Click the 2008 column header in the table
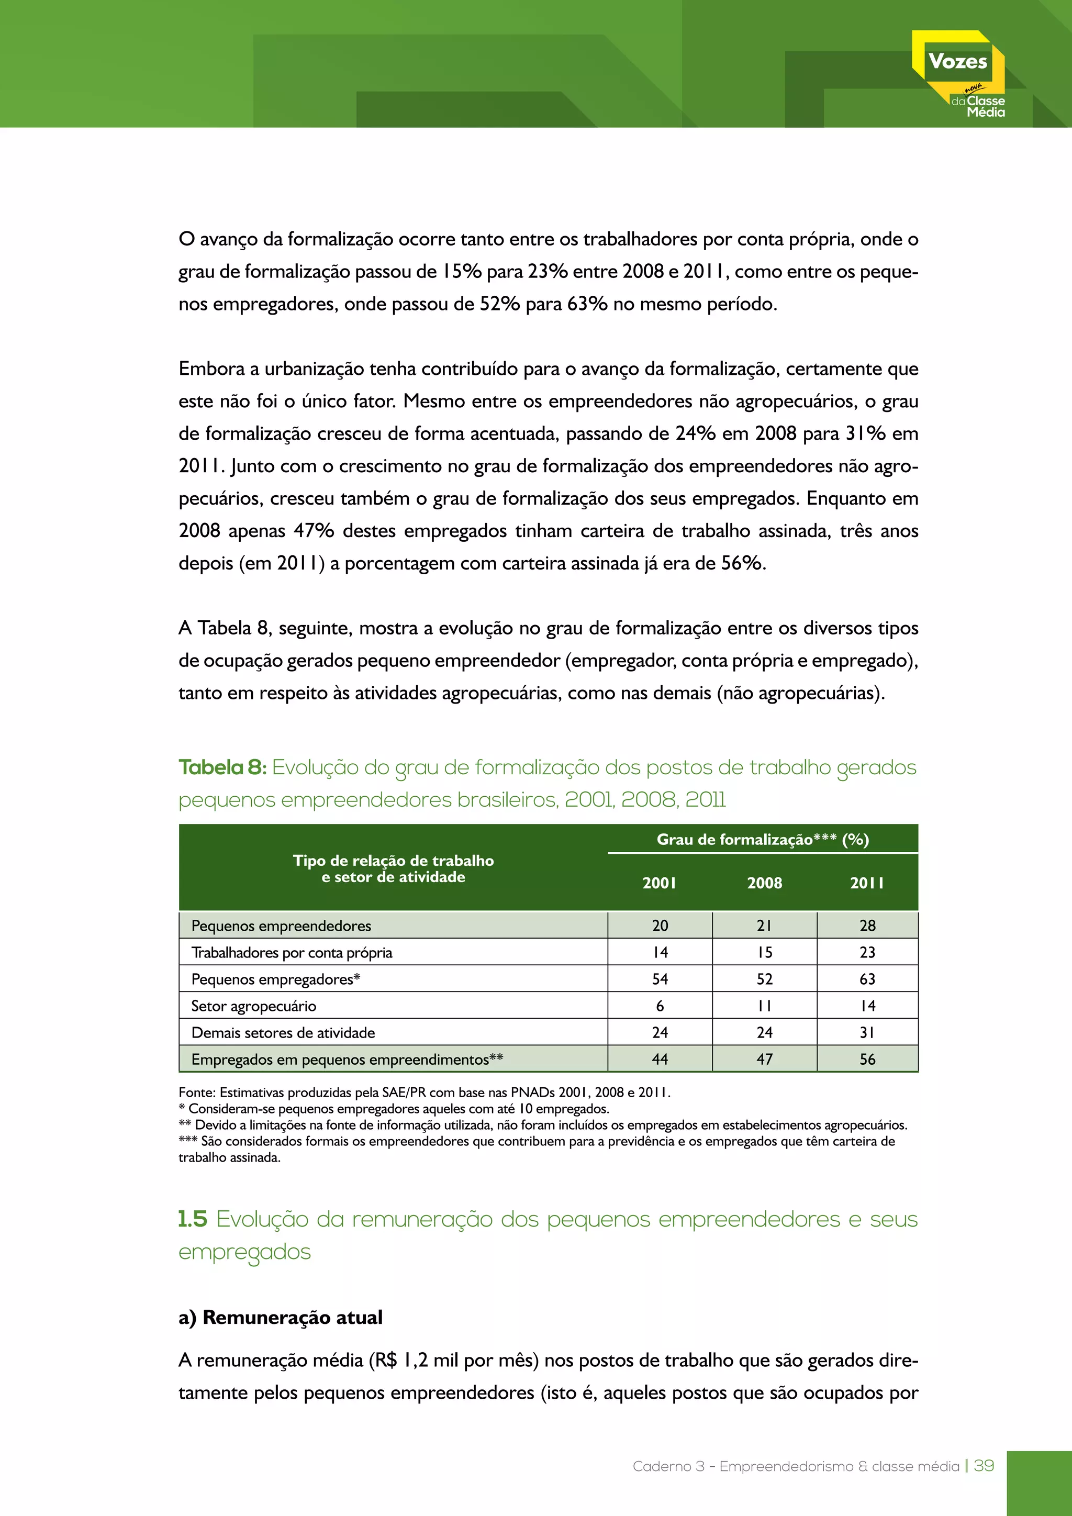click(x=764, y=883)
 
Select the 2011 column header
click(x=867, y=883)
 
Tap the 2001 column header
click(x=660, y=883)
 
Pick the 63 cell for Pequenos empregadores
click(x=867, y=979)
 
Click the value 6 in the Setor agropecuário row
click(x=660, y=1006)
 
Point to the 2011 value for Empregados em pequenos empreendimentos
click(x=867, y=1059)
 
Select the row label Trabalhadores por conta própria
click(x=291, y=952)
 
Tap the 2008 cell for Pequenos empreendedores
click(x=764, y=926)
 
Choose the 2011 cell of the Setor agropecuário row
click(x=867, y=1006)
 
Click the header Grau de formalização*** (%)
click(x=763, y=839)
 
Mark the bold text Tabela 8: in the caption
click(x=222, y=767)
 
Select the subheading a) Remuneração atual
click(x=281, y=1317)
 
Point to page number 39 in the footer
click(x=984, y=1466)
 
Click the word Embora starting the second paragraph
click(x=211, y=369)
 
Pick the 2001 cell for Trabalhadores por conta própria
click(x=660, y=952)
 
